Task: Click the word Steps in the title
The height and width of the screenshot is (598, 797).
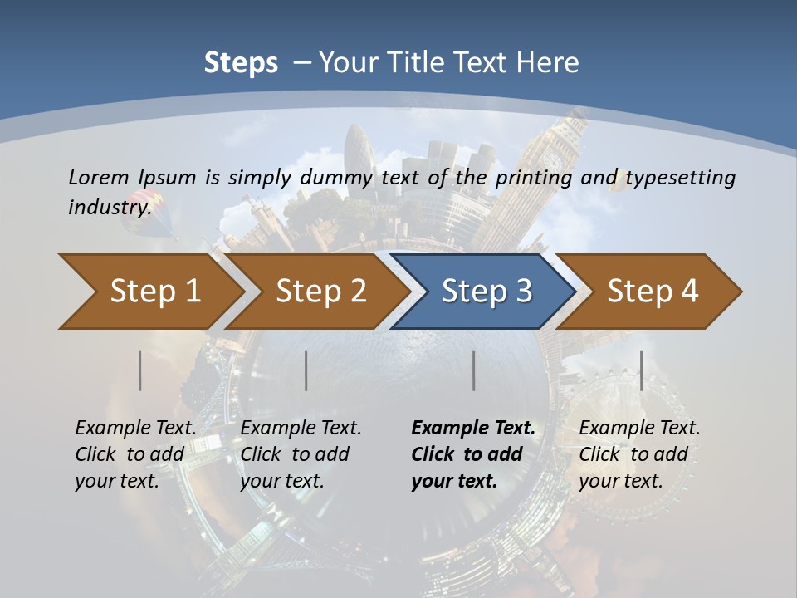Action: click(x=241, y=63)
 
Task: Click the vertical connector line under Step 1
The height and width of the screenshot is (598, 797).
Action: click(x=140, y=370)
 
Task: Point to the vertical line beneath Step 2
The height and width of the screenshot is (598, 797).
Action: click(x=306, y=370)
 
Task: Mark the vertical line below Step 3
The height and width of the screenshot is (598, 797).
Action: click(x=474, y=370)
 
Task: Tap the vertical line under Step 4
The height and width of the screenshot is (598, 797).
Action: click(x=642, y=370)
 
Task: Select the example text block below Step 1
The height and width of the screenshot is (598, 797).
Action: click(x=135, y=454)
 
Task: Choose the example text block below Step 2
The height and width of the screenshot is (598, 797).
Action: click(x=301, y=454)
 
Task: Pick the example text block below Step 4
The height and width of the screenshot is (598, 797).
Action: click(x=639, y=454)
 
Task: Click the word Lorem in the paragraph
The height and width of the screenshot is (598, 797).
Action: click(x=99, y=178)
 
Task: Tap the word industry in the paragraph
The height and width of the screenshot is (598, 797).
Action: click(x=109, y=208)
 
